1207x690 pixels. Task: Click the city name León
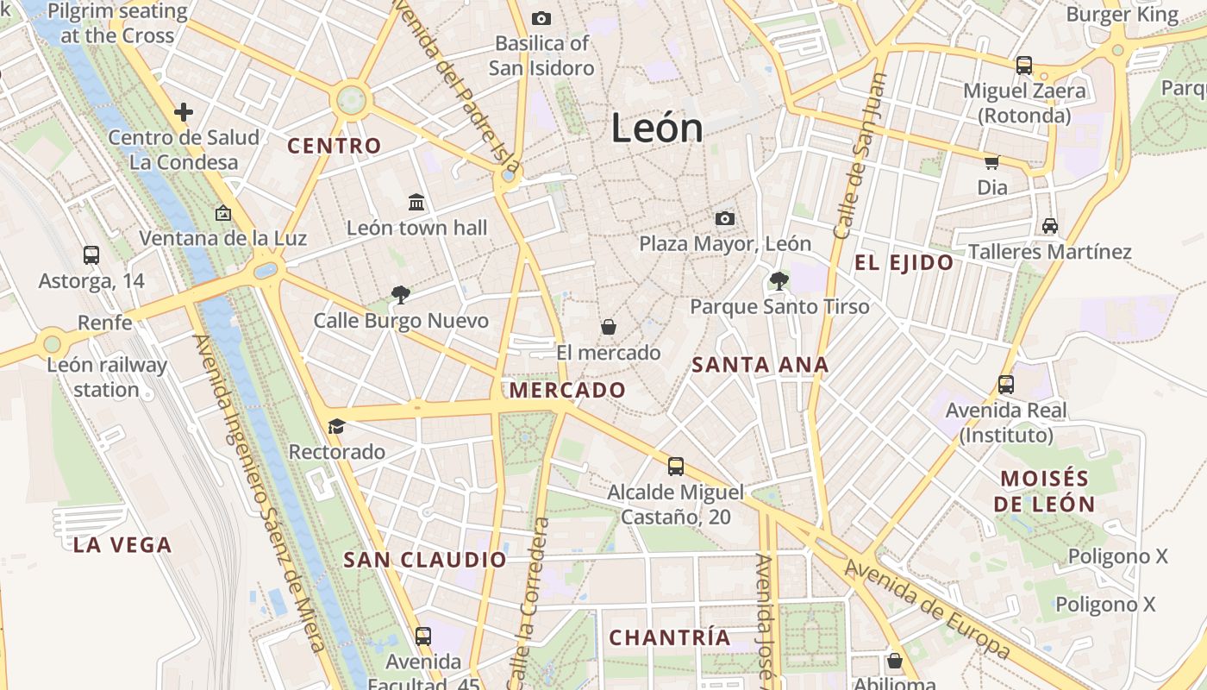point(657,129)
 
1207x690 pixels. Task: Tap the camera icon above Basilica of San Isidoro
point(541,18)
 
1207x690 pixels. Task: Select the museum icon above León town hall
point(416,202)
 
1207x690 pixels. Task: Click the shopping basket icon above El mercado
point(609,327)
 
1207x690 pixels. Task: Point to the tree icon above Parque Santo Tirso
point(779,280)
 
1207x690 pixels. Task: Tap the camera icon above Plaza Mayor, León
point(725,218)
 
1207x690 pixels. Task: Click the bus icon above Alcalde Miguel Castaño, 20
point(676,467)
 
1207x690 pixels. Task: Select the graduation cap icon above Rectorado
point(336,426)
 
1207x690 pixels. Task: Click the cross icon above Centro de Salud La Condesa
point(183,111)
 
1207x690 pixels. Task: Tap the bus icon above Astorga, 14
point(91,254)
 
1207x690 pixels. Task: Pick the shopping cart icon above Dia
point(992,161)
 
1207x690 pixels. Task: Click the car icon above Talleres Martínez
point(1049,226)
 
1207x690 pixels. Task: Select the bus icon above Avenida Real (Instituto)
point(1005,385)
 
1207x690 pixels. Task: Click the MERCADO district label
point(567,390)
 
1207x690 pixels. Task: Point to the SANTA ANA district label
point(760,365)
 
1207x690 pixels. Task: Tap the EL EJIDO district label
point(904,263)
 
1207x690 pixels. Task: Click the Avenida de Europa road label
point(927,608)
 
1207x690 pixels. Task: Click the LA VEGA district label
point(122,545)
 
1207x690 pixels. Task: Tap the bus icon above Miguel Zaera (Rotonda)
point(1023,65)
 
